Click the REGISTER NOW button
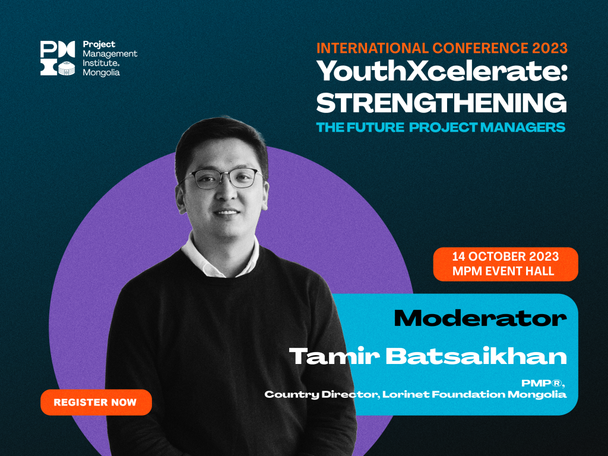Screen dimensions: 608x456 (96, 402)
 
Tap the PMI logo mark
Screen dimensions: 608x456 (58, 58)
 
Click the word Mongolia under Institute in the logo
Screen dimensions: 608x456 (101, 72)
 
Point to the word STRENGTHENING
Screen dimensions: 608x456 (442, 103)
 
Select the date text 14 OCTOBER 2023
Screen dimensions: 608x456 (506, 256)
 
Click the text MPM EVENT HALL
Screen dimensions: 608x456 (503, 271)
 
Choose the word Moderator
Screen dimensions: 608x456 (480, 319)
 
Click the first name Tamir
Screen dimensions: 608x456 (335, 356)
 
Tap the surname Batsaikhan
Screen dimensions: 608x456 (476, 356)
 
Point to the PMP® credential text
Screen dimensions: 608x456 (543, 383)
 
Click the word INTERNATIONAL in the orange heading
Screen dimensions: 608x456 (373, 48)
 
